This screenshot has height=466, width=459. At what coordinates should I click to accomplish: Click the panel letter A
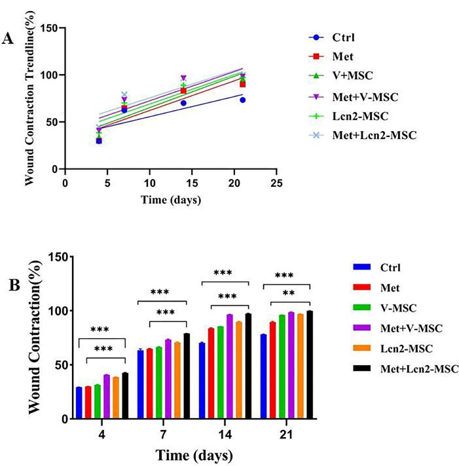click(9, 39)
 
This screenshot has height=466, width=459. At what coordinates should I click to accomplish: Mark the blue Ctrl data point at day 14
click(183, 103)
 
